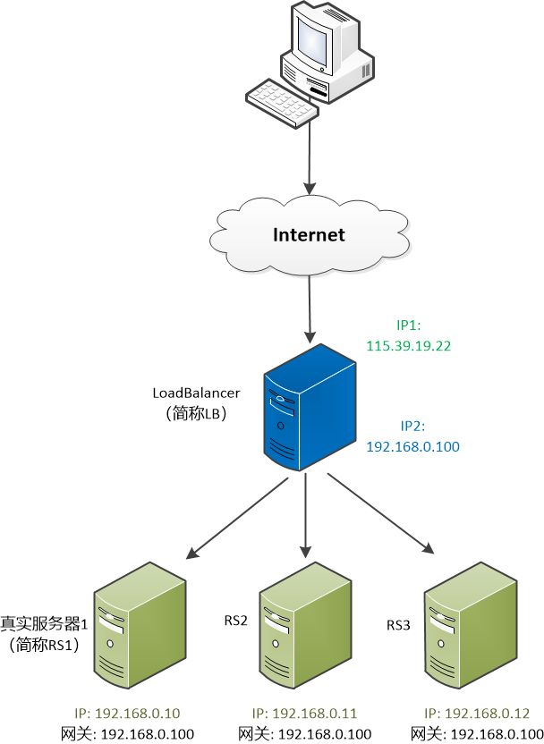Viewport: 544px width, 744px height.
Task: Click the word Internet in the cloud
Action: [x=309, y=235]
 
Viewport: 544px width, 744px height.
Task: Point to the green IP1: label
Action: [x=413, y=325]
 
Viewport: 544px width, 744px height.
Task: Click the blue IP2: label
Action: [x=413, y=427]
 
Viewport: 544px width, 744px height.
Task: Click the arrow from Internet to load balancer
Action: [x=310, y=309]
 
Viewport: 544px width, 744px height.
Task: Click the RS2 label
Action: [x=235, y=618]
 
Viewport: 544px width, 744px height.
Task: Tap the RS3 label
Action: [x=399, y=623]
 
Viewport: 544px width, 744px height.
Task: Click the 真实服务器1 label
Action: [x=43, y=622]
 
